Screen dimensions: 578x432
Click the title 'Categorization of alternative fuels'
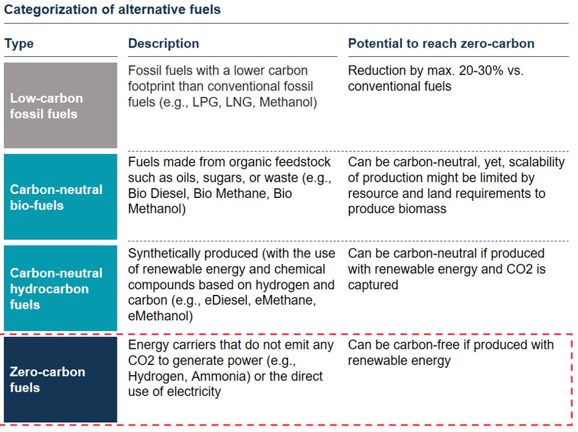pyautogui.click(x=112, y=10)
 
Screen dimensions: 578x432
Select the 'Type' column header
pyautogui.click(x=19, y=44)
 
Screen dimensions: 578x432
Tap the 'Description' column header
pyautogui.click(x=164, y=44)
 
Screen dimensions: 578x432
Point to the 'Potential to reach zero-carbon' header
pyautogui.click(x=441, y=44)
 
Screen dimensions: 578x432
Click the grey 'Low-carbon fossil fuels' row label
pyautogui.click(x=61, y=105)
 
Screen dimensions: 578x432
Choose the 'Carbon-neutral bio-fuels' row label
pyautogui.click(x=61, y=197)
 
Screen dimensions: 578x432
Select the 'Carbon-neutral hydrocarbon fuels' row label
pyautogui.click(x=61, y=289)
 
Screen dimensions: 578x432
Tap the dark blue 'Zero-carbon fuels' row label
pyautogui.click(x=61, y=380)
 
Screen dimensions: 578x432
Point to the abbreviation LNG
pyautogui.click(x=239, y=102)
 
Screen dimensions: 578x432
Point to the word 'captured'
pyautogui.click(x=373, y=285)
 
